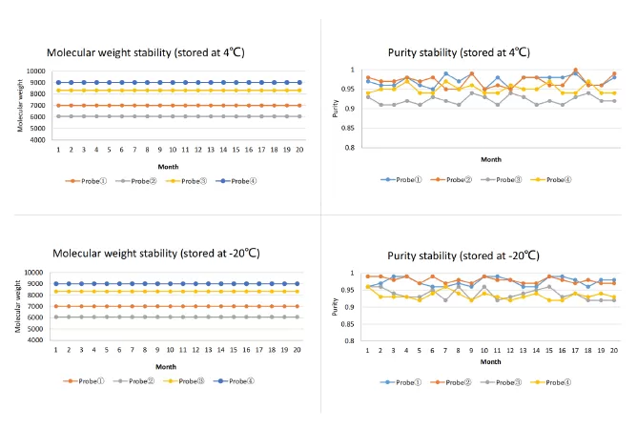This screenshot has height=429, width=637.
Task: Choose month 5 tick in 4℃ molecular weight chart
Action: click(x=109, y=150)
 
